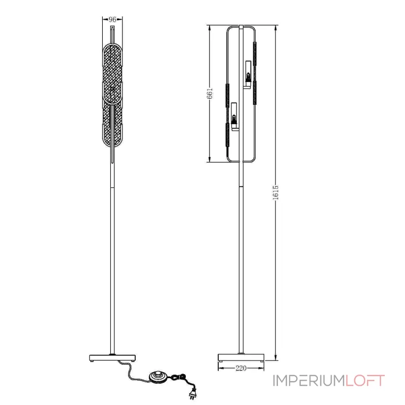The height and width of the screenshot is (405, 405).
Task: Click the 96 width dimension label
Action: (x=112, y=19)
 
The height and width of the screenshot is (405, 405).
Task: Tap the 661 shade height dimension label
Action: (x=210, y=93)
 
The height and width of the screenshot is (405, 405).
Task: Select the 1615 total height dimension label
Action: (x=275, y=192)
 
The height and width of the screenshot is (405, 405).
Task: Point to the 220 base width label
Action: (x=241, y=368)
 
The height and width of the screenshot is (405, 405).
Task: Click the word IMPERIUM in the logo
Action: (x=309, y=381)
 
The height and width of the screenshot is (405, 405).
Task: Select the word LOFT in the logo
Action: (x=365, y=381)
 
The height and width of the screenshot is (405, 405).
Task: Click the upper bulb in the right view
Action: (x=248, y=77)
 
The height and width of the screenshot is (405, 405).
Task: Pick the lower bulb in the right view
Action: (x=234, y=119)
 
